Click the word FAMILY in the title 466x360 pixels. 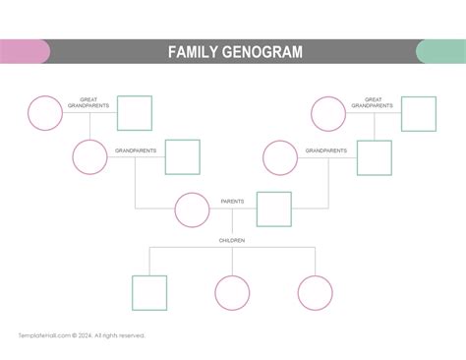coord(194,52)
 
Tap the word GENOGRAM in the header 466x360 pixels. coord(262,52)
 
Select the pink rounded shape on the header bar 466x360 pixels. coord(25,52)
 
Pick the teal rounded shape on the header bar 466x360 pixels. coord(440,52)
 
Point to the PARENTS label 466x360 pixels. coord(233,202)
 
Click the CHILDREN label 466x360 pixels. coord(232,240)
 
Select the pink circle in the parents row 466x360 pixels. coord(192,210)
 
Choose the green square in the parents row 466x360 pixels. coord(274,210)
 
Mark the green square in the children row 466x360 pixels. coord(149,292)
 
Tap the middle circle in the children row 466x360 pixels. coord(232,292)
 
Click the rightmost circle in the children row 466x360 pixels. coord(316,292)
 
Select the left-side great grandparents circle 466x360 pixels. coord(45,113)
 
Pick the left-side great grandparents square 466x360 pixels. coord(135,113)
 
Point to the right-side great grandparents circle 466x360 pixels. coord(328,113)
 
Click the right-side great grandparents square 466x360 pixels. coord(418,113)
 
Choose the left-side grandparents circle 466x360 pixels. coord(89,157)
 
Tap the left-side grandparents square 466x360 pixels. coord(182,157)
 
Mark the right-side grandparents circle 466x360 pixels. coord(280,157)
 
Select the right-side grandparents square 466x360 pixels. coord(374,157)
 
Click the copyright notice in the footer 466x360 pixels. coord(82,335)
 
